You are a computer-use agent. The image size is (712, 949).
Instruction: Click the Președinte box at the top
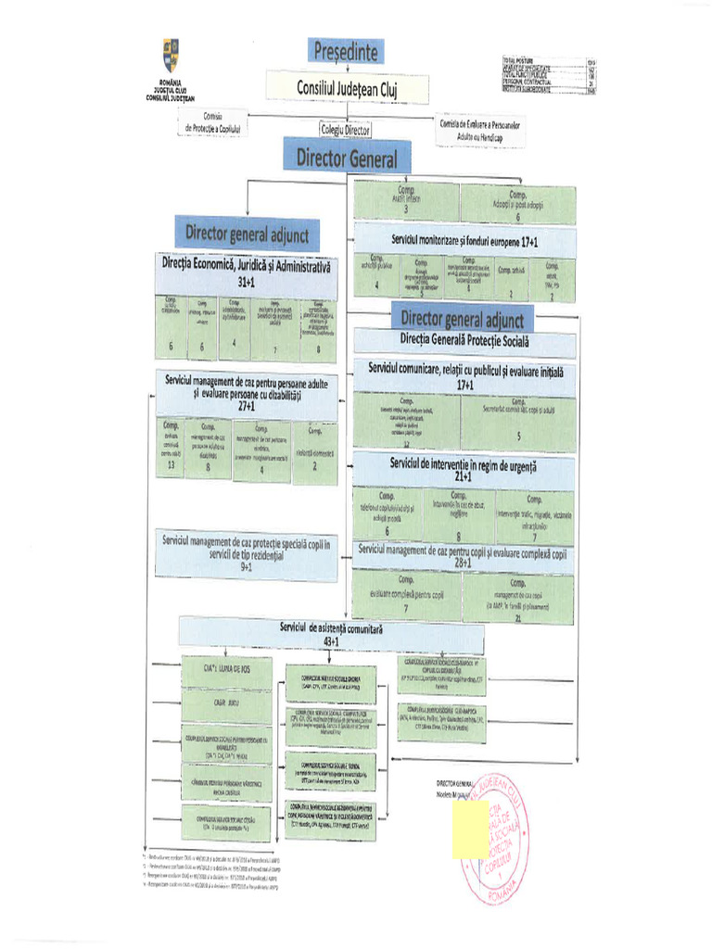(x=346, y=50)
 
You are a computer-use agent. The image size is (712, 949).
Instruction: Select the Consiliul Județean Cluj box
(x=348, y=87)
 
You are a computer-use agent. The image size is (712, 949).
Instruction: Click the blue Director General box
(x=347, y=158)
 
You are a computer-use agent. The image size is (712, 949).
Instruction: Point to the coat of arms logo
(x=171, y=57)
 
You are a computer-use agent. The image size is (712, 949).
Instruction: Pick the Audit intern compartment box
(x=406, y=202)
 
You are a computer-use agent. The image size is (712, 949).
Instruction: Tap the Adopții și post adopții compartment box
(x=517, y=202)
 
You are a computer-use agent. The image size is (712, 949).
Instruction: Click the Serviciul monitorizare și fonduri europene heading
(x=464, y=239)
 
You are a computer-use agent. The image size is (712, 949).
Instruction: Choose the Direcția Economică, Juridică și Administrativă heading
(x=246, y=271)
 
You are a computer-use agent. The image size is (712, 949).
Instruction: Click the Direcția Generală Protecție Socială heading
(x=464, y=342)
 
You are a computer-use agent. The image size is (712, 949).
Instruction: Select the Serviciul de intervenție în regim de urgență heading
(x=464, y=468)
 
